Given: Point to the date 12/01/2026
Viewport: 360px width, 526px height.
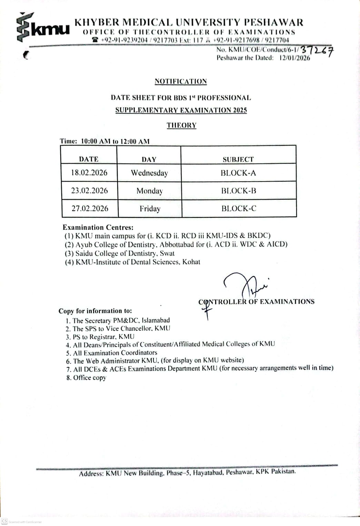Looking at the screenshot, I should click(x=294, y=58).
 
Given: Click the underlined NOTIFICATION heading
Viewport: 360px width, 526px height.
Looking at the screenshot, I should click(x=181, y=81).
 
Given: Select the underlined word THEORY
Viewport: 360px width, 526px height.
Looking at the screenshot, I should click(x=181, y=125).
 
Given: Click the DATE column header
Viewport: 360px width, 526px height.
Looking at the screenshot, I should click(x=89, y=159).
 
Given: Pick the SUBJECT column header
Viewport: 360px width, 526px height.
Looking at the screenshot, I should click(x=238, y=159).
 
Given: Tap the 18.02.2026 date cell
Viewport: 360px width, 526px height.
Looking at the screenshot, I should click(x=89, y=173).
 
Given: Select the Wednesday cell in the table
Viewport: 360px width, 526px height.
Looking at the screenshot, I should click(x=149, y=173).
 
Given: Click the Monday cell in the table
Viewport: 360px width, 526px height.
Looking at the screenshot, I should click(x=149, y=191).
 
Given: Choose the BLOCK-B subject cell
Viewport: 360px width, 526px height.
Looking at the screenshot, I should click(x=239, y=191).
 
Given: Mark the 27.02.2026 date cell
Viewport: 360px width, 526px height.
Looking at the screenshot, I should click(x=90, y=209).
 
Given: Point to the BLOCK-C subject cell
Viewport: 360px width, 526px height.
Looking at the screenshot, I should click(x=239, y=209).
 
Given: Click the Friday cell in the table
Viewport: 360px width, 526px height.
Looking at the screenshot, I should click(x=150, y=209).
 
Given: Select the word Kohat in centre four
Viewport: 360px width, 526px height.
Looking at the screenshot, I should click(x=191, y=262).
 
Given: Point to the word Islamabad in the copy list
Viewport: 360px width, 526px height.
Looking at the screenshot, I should click(x=156, y=320).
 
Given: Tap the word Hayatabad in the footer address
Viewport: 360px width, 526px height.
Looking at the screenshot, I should click(x=208, y=473).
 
